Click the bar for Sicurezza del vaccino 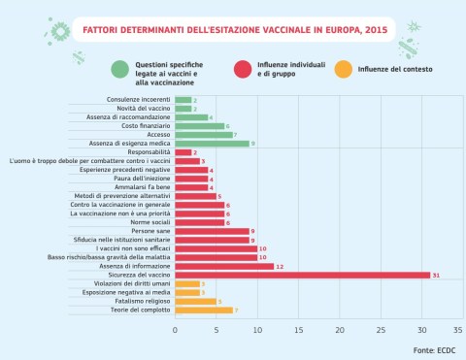302,275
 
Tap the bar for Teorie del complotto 204,311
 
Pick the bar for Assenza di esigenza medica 212,143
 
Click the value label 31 437,275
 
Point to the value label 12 280,266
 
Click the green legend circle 119,69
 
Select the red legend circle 244,69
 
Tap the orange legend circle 342,69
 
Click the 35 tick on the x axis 459,330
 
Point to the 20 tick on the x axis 338,330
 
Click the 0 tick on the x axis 176,330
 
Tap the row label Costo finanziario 146,125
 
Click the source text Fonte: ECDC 433,348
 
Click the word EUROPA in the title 325,30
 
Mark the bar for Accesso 204,134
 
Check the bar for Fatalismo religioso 195,302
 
